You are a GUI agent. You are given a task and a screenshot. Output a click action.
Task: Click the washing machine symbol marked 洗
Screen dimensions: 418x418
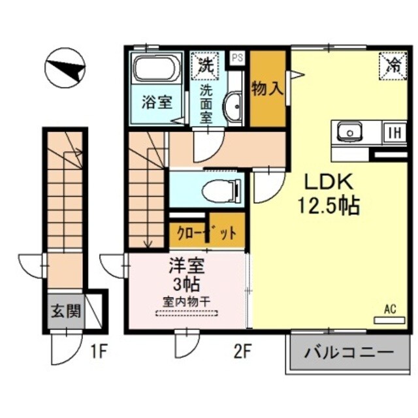click(205, 65)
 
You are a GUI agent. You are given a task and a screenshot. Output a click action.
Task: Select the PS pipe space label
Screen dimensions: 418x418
click(236, 57)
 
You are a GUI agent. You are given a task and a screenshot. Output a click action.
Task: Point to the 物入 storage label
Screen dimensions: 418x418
click(268, 89)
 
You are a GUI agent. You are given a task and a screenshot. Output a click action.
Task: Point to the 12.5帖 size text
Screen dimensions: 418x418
click(329, 206)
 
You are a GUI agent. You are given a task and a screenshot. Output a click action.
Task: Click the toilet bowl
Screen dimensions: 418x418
click(218, 191)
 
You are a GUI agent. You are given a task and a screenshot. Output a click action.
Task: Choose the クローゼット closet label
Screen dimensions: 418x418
click(208, 233)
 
